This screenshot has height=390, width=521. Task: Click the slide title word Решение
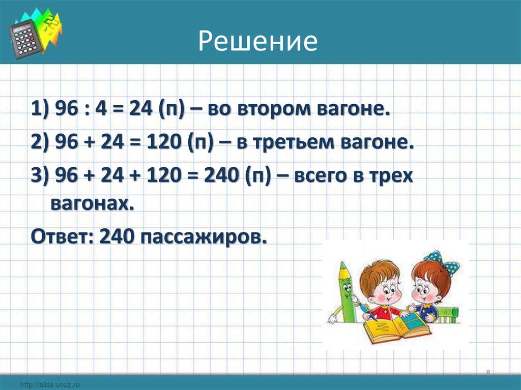[x=257, y=42]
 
